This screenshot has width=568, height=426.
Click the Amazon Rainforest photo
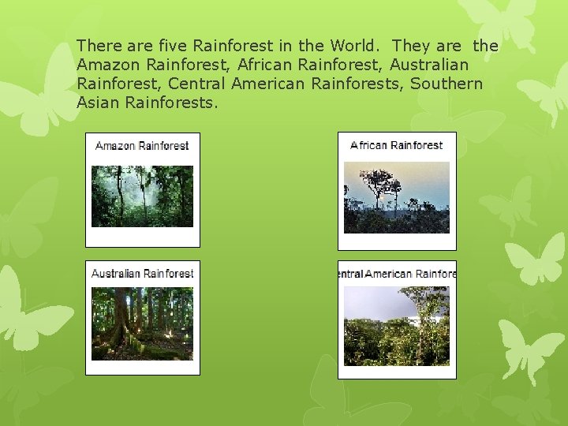pos(142,196)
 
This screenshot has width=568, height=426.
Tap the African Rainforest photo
pos(396,197)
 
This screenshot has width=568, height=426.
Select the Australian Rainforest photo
pos(142,323)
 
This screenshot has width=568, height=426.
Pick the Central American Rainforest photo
pos(396,326)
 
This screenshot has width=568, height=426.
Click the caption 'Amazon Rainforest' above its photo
pos(142,146)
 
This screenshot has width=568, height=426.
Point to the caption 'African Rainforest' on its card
pos(396,145)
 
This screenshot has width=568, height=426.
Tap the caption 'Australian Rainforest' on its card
pos(142,274)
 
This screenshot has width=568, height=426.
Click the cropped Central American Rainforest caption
pos(397,274)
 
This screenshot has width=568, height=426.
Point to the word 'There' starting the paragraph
pos(97,46)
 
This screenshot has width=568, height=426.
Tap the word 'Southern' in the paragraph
pos(446,84)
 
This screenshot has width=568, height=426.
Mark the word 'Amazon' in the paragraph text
pos(108,65)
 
